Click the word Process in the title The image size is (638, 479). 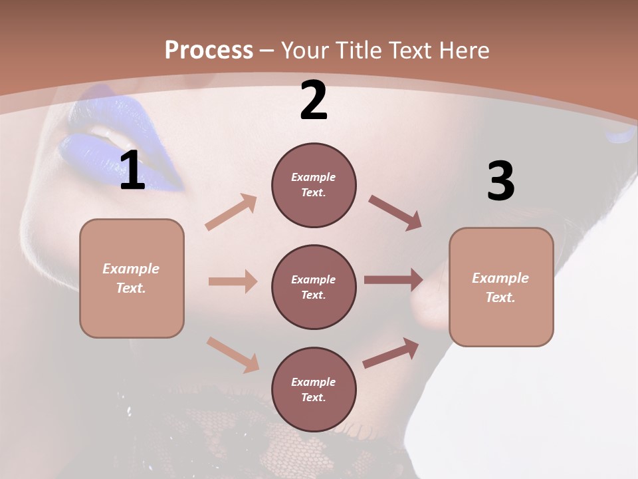coord(209,50)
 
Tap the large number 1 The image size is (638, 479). coord(132,170)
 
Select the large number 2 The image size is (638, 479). coord(314,100)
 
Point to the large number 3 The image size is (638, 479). coord(500,181)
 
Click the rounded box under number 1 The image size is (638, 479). coord(132,278)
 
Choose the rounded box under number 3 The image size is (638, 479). coord(501,287)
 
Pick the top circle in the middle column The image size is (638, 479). coord(314,185)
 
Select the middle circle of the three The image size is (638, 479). coord(314,287)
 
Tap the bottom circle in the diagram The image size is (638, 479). coord(314,389)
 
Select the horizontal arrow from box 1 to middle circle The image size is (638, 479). coord(233,281)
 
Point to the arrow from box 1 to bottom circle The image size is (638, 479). coord(233,354)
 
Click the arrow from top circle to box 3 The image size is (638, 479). coord(395,212)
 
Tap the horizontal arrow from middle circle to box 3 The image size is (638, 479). coord(393,280)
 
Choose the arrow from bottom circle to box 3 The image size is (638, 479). coord(391,353)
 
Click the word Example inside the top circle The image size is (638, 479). coord(314,177)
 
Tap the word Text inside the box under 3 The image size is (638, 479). coord(500,297)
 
